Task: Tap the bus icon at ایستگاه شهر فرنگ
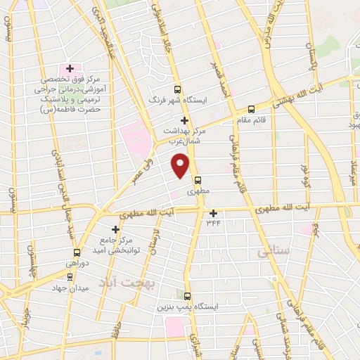click(x=176, y=89)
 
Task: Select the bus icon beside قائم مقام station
click(x=252, y=109)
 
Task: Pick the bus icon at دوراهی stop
click(x=77, y=252)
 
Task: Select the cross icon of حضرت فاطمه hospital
click(x=70, y=68)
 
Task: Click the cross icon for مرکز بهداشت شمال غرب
click(x=184, y=121)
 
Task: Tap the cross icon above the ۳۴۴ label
click(x=214, y=213)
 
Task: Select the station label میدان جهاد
click(x=67, y=288)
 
